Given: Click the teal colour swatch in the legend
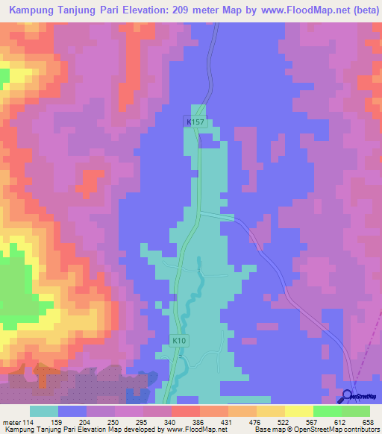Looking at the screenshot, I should pyautogui.click(x=44, y=411).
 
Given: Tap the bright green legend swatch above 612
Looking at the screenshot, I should pyautogui.click(x=327, y=411).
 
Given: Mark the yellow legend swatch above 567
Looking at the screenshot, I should pyautogui.click(x=298, y=411).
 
